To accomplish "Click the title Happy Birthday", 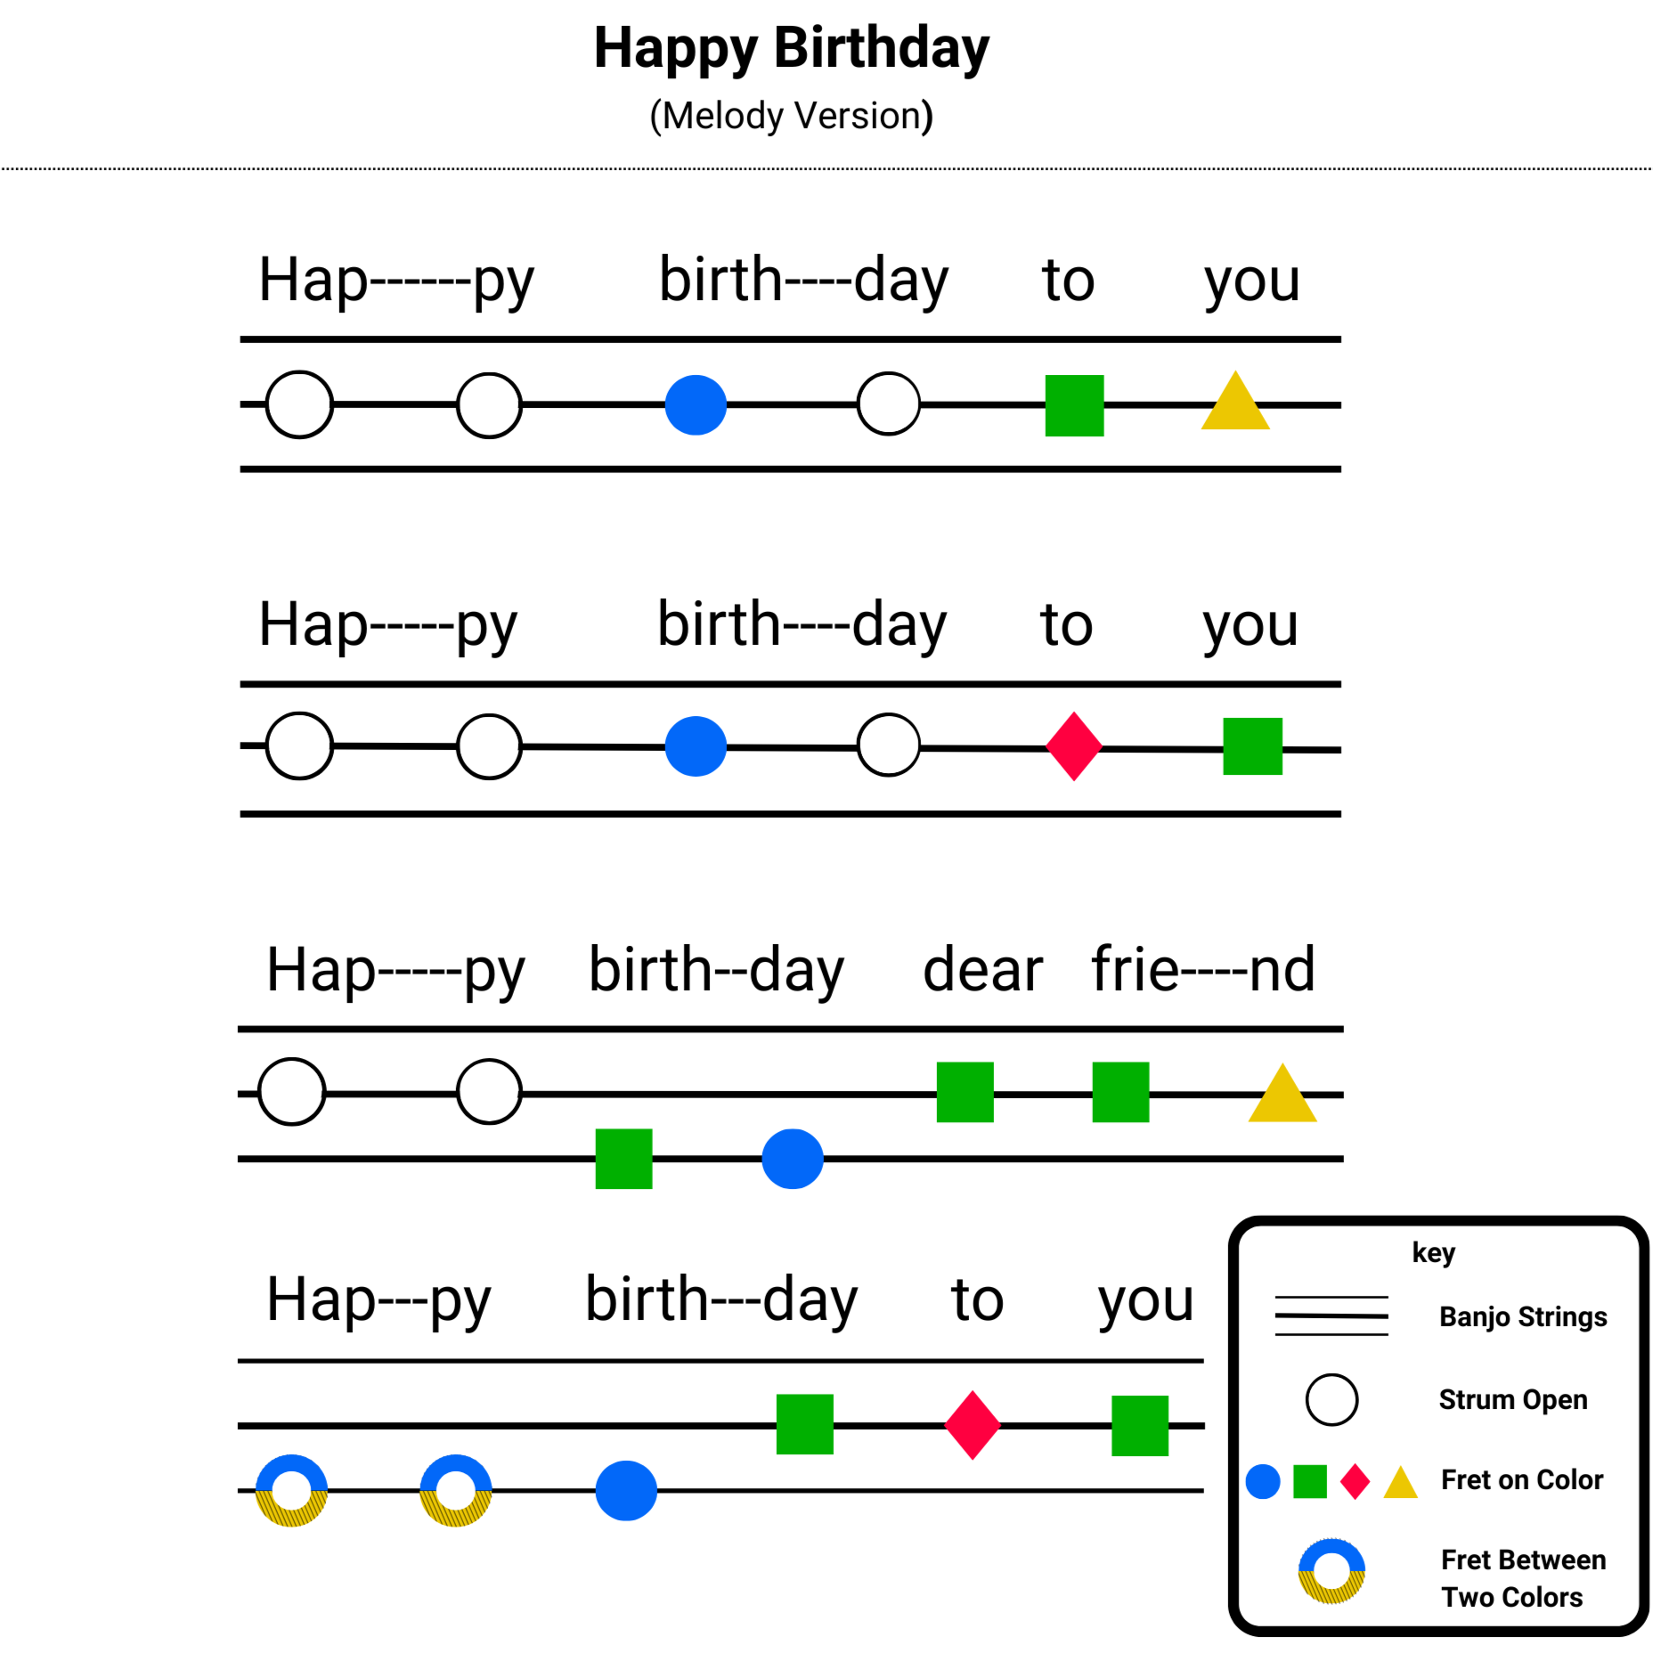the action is (791, 48).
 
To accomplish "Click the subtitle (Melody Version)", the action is (791, 116).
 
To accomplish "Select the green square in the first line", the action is (1074, 405).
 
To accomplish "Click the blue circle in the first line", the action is (696, 405).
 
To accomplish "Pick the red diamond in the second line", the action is (1074, 746).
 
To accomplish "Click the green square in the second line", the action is (1252, 746).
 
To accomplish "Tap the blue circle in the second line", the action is (696, 746).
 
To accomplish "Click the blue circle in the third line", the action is (792, 1159).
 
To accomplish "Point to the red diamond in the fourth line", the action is (973, 1425).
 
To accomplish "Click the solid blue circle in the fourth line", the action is (626, 1490).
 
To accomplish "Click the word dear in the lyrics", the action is (982, 970).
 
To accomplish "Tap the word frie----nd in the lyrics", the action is (1203, 970).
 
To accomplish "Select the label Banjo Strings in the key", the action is (1523, 1316).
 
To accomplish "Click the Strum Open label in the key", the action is (1513, 1399).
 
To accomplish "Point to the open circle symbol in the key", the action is (1331, 1399).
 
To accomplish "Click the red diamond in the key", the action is (1355, 1482).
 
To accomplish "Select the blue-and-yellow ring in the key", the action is (1331, 1571).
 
